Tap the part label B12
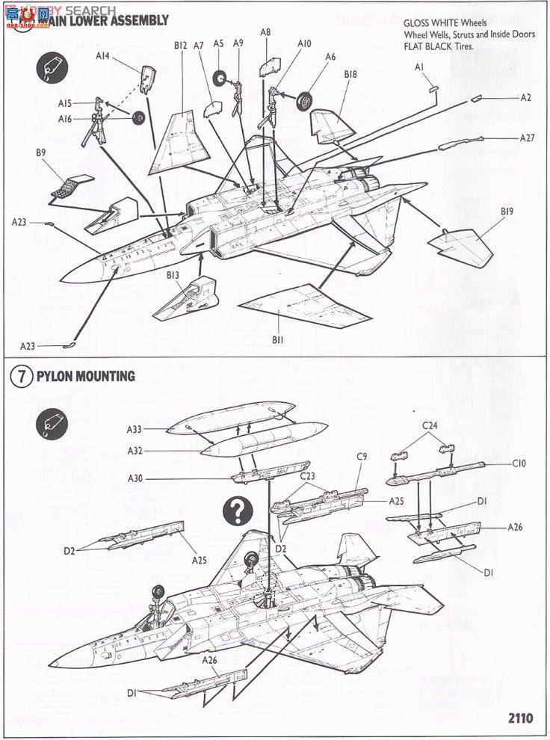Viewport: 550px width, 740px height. (x=180, y=46)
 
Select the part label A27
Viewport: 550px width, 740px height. (x=528, y=138)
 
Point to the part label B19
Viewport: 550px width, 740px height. (x=507, y=212)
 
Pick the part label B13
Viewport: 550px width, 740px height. (x=173, y=275)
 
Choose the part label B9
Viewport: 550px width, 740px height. (x=41, y=154)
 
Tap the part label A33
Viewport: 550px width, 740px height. (x=135, y=429)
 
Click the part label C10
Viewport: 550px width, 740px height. (x=519, y=463)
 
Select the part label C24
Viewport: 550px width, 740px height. (x=430, y=426)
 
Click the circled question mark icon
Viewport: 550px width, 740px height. (x=238, y=511)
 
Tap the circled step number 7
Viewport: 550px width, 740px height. (x=21, y=377)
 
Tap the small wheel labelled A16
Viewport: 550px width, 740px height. (x=137, y=119)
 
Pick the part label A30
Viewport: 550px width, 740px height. (x=135, y=478)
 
